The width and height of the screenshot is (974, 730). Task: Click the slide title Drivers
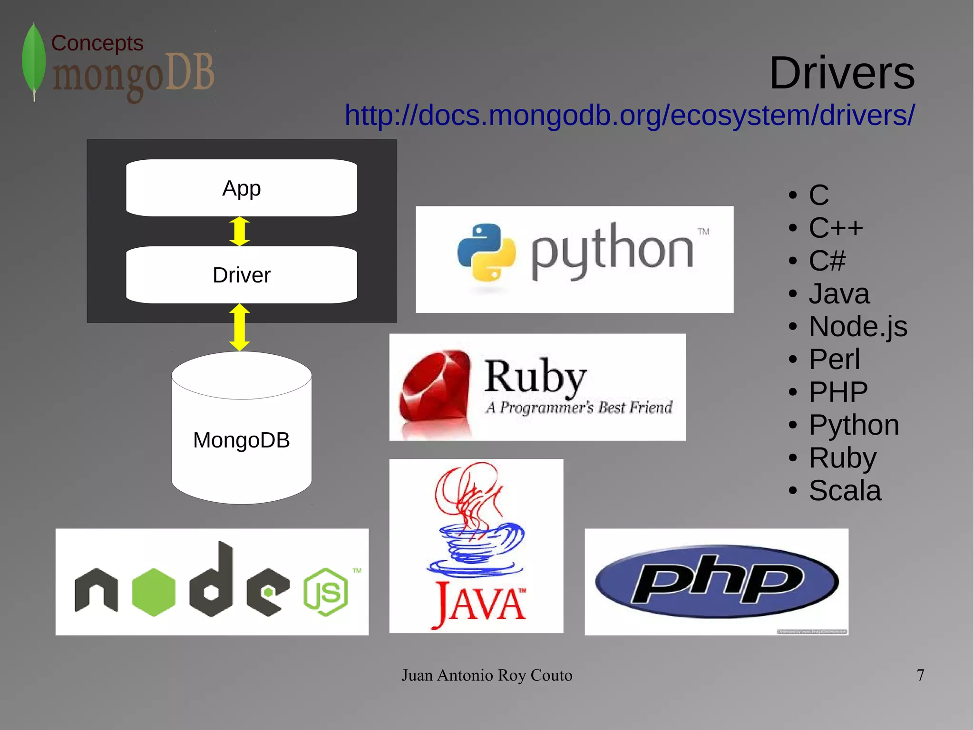842,73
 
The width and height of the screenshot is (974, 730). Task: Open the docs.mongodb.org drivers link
629,116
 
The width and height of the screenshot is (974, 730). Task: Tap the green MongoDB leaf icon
34,61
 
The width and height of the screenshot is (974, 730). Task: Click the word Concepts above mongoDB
97,43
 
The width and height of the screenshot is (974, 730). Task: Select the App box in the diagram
241,188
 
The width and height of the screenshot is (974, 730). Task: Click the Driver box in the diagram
241,275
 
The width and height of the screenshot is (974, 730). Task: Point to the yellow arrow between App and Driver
239,232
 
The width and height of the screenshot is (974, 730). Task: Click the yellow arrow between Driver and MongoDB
239,327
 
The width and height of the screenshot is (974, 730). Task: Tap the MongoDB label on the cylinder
241,440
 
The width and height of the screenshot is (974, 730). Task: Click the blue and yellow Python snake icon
486,252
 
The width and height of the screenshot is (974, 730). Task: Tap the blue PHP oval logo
716,581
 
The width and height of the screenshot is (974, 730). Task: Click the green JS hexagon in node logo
326,592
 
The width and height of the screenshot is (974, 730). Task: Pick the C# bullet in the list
827,261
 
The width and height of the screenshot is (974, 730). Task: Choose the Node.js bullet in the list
857,326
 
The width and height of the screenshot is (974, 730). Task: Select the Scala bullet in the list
845,490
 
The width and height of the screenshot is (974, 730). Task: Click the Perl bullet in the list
834,359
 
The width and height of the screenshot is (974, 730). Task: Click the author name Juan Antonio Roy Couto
487,675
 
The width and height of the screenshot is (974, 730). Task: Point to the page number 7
920,675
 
